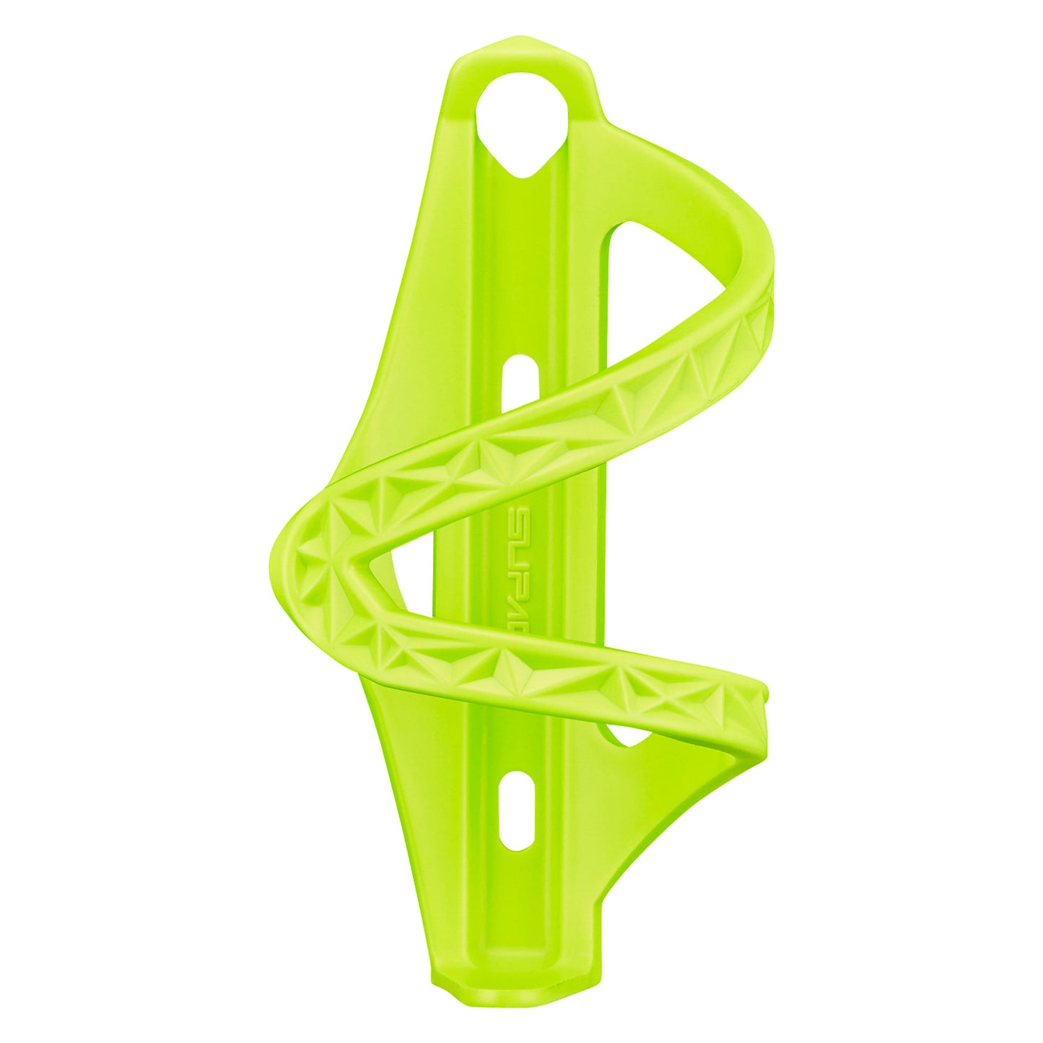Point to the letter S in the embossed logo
pos(522,518)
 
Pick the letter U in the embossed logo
pos(522,542)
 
